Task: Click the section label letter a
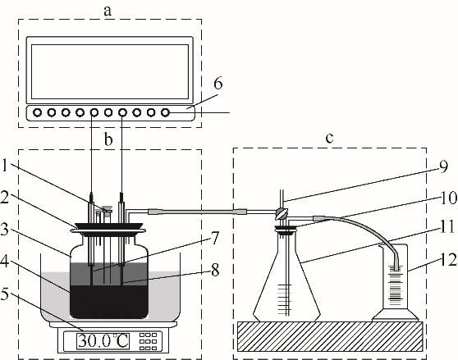tap(108, 11)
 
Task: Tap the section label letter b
tap(108, 139)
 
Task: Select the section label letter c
tap(329, 138)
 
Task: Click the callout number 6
tap(218, 84)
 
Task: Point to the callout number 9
tap(443, 166)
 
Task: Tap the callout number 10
tap(449, 198)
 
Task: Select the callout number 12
tap(449, 259)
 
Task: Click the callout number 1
tap(4, 166)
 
